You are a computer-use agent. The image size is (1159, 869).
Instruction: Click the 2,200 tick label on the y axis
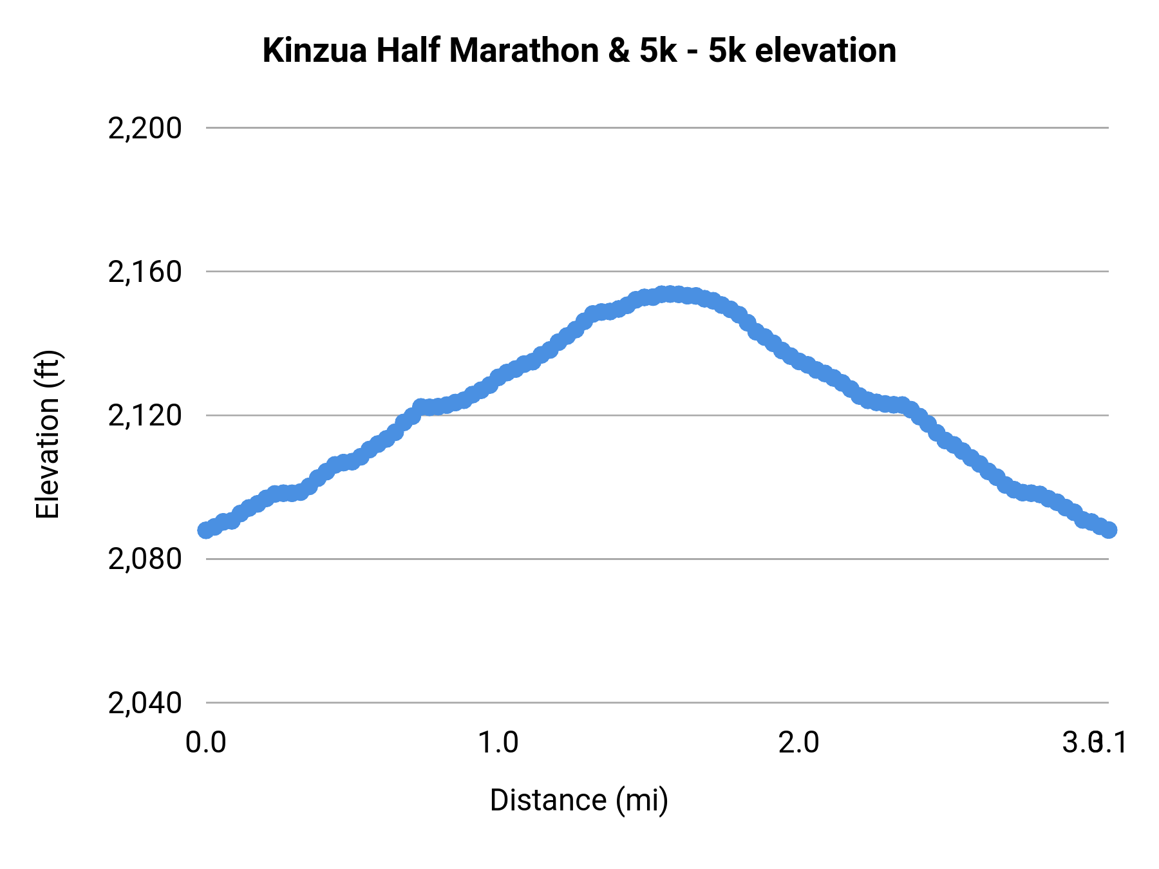click(x=145, y=129)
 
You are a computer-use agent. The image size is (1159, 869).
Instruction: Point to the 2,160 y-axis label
click(x=145, y=272)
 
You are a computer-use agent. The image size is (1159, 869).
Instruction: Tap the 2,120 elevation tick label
click(x=145, y=416)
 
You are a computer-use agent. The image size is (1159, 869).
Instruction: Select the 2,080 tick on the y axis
click(x=145, y=559)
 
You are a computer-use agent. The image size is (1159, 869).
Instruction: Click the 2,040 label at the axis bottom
click(x=145, y=703)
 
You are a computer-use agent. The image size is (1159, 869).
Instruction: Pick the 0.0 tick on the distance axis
click(x=205, y=743)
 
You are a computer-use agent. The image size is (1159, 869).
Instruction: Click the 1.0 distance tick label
click(x=498, y=743)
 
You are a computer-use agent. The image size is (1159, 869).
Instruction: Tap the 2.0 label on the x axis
click(x=798, y=743)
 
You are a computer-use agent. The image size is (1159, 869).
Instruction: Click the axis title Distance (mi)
click(x=579, y=800)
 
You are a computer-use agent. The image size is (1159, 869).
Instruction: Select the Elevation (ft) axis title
click(x=48, y=434)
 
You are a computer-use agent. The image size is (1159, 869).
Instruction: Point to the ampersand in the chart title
click(x=619, y=51)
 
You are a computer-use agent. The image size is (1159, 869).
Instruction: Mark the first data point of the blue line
click(x=206, y=530)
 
